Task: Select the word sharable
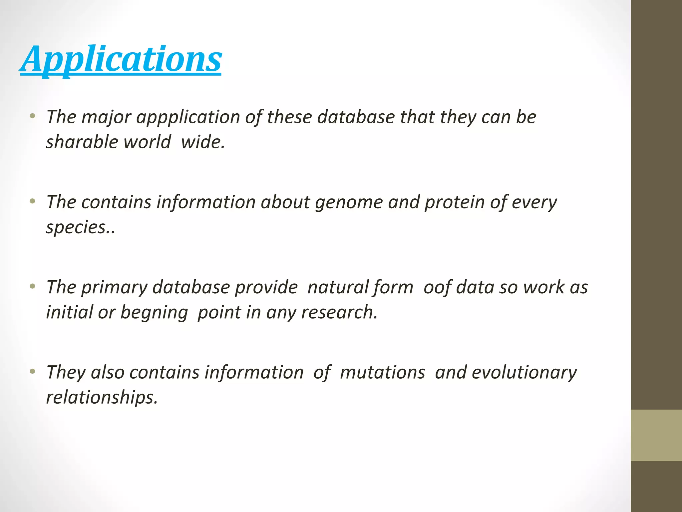[x=82, y=142]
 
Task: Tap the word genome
[x=349, y=202]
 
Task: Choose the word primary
[x=114, y=287]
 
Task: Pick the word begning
[x=154, y=313]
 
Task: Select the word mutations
[x=382, y=372]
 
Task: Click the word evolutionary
[x=524, y=372]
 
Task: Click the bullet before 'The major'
[x=32, y=116]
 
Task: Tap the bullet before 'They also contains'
[x=32, y=371]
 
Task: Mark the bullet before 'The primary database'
[x=32, y=286]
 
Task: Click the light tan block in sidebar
[x=656, y=435]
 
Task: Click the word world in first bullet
[x=147, y=142]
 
